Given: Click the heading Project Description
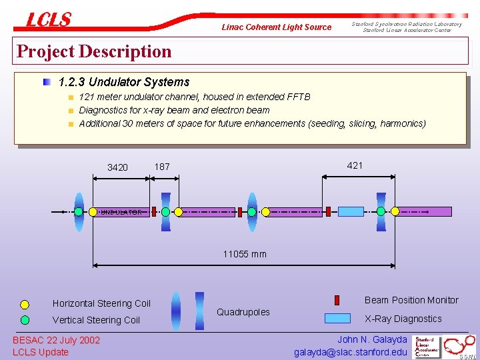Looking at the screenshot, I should [x=94, y=51].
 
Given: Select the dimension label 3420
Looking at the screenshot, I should [x=117, y=167].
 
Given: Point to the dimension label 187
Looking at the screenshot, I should [x=162, y=167].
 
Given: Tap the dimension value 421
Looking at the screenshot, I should [x=355, y=165].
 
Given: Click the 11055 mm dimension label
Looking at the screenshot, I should [x=245, y=254].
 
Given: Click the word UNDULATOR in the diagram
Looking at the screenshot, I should [x=121, y=212].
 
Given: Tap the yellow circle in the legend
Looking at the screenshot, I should [x=25, y=305].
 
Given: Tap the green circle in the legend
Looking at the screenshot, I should [x=25, y=320].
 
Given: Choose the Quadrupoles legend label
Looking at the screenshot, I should [x=243, y=312].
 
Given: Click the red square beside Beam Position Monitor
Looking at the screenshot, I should [x=337, y=300].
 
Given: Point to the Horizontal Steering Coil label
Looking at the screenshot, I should [x=101, y=303].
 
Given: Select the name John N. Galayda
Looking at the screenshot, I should [x=372, y=339].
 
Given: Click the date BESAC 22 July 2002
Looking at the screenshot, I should [x=57, y=340].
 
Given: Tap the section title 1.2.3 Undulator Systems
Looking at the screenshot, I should [x=124, y=83].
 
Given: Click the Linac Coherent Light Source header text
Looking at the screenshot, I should [x=276, y=27].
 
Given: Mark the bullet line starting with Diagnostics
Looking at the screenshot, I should [x=174, y=110].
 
